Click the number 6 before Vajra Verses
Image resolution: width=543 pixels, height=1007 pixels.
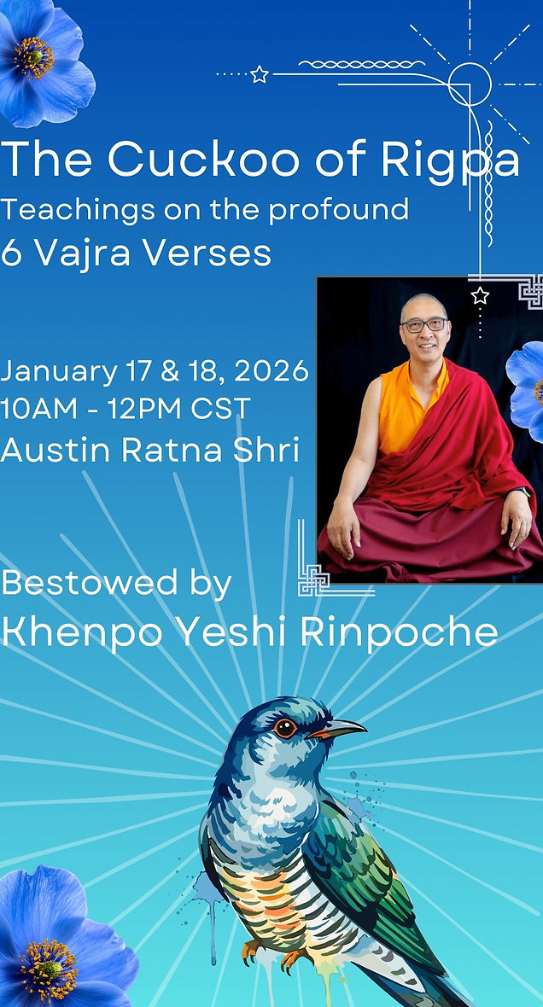pyautogui.click(x=10, y=253)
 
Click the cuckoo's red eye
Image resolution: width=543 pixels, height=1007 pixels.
pyautogui.click(x=285, y=728)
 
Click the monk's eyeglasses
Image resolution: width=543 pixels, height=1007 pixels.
pyautogui.click(x=424, y=324)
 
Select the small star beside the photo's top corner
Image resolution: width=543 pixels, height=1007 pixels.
pyautogui.click(x=480, y=296)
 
